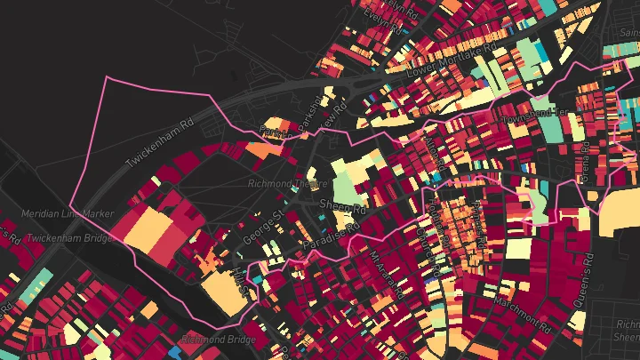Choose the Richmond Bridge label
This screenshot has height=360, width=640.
coord(218,340)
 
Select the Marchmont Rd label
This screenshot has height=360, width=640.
coord(515,311)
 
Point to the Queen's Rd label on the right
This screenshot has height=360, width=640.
coord(583,281)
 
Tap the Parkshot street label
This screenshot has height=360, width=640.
coord(306,119)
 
